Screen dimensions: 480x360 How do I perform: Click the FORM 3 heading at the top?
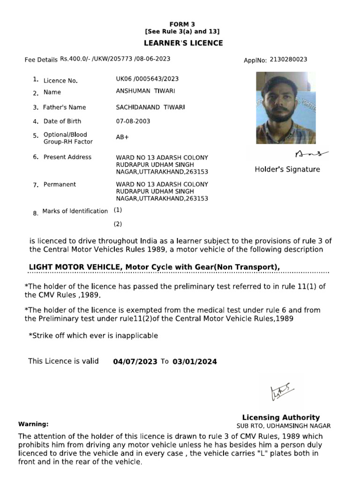pos(182,24)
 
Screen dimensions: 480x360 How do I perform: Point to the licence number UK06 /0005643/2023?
pos(147,79)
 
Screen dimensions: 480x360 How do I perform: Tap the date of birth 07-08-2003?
pos(133,121)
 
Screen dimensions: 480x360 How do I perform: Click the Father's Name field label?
pos(65,107)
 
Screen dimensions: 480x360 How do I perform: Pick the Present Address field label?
pos(67,157)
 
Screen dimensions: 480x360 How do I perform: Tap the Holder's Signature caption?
pos(287,169)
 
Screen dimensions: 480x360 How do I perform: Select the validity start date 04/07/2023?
pos(135,361)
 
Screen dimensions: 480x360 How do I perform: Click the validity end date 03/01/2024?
pos(195,361)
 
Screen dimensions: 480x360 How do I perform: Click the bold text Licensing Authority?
pos(281,417)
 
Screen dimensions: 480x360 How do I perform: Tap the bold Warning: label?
pos(33,424)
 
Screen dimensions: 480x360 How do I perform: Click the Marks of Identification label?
pos(75,211)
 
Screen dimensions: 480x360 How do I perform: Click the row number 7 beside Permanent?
pos(36,185)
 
